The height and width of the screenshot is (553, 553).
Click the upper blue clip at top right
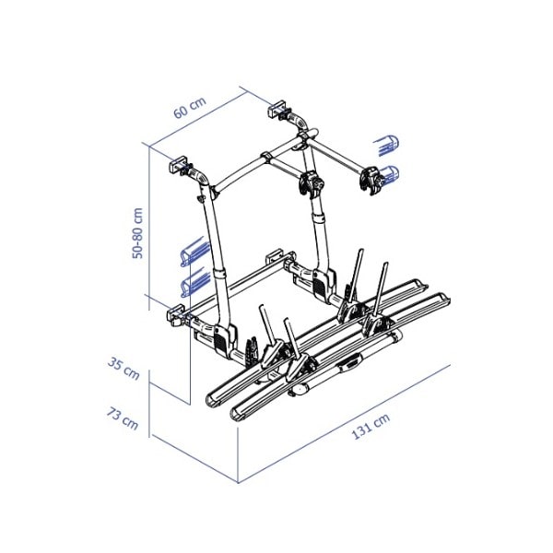pos(388,145)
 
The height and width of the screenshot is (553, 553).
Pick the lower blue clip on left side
pos(194,280)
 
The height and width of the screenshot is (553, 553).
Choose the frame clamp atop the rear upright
pos(312,183)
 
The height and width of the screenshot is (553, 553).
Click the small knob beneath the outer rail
pos(300,391)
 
